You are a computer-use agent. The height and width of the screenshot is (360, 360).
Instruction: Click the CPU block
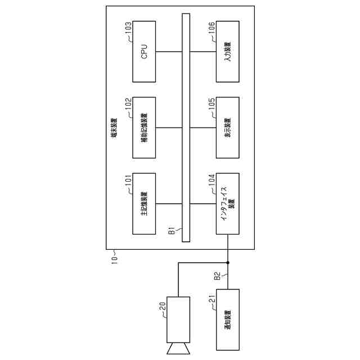click(143, 52)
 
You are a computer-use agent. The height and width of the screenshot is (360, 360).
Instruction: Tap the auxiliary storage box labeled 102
click(143, 127)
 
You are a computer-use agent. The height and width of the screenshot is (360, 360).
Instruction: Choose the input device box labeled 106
click(227, 52)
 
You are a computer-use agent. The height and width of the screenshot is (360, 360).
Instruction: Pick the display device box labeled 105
click(227, 127)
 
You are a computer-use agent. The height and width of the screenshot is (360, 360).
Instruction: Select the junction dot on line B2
click(227, 262)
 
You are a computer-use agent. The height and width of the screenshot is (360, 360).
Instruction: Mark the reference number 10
click(114, 260)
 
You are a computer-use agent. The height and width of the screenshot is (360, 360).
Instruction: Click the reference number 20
click(162, 306)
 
